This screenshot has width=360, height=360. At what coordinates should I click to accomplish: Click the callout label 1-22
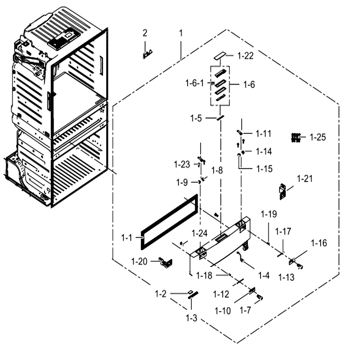click(x=246, y=56)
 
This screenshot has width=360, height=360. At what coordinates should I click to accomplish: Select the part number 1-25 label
click(x=318, y=137)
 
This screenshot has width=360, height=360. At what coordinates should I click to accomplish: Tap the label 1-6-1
click(x=194, y=83)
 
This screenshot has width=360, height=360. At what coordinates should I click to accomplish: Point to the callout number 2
click(x=145, y=33)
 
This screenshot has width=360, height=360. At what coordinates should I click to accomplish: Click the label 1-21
click(x=305, y=179)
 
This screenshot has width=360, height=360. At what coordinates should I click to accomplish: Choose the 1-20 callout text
click(x=139, y=261)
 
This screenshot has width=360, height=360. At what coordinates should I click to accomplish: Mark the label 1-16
click(x=319, y=243)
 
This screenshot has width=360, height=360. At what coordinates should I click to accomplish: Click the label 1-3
click(x=192, y=318)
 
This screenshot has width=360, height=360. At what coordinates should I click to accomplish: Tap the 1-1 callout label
click(x=126, y=238)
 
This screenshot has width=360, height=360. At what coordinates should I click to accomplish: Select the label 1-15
click(x=264, y=169)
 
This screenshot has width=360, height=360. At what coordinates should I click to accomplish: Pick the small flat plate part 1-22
click(x=220, y=55)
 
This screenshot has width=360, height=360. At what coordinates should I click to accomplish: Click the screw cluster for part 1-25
click(x=296, y=138)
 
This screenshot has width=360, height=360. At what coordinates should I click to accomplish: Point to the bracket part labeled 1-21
click(x=283, y=192)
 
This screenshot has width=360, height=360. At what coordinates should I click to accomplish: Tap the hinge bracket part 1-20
click(x=166, y=262)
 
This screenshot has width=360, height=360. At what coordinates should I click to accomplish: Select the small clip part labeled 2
click(x=147, y=54)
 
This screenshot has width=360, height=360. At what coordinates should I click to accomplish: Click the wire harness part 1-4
click(x=240, y=256)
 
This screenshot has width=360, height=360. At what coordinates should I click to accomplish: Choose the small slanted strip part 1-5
click(x=220, y=118)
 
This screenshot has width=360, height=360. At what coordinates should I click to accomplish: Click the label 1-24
click(x=199, y=233)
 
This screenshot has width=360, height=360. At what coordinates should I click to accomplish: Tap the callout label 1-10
click(x=222, y=311)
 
